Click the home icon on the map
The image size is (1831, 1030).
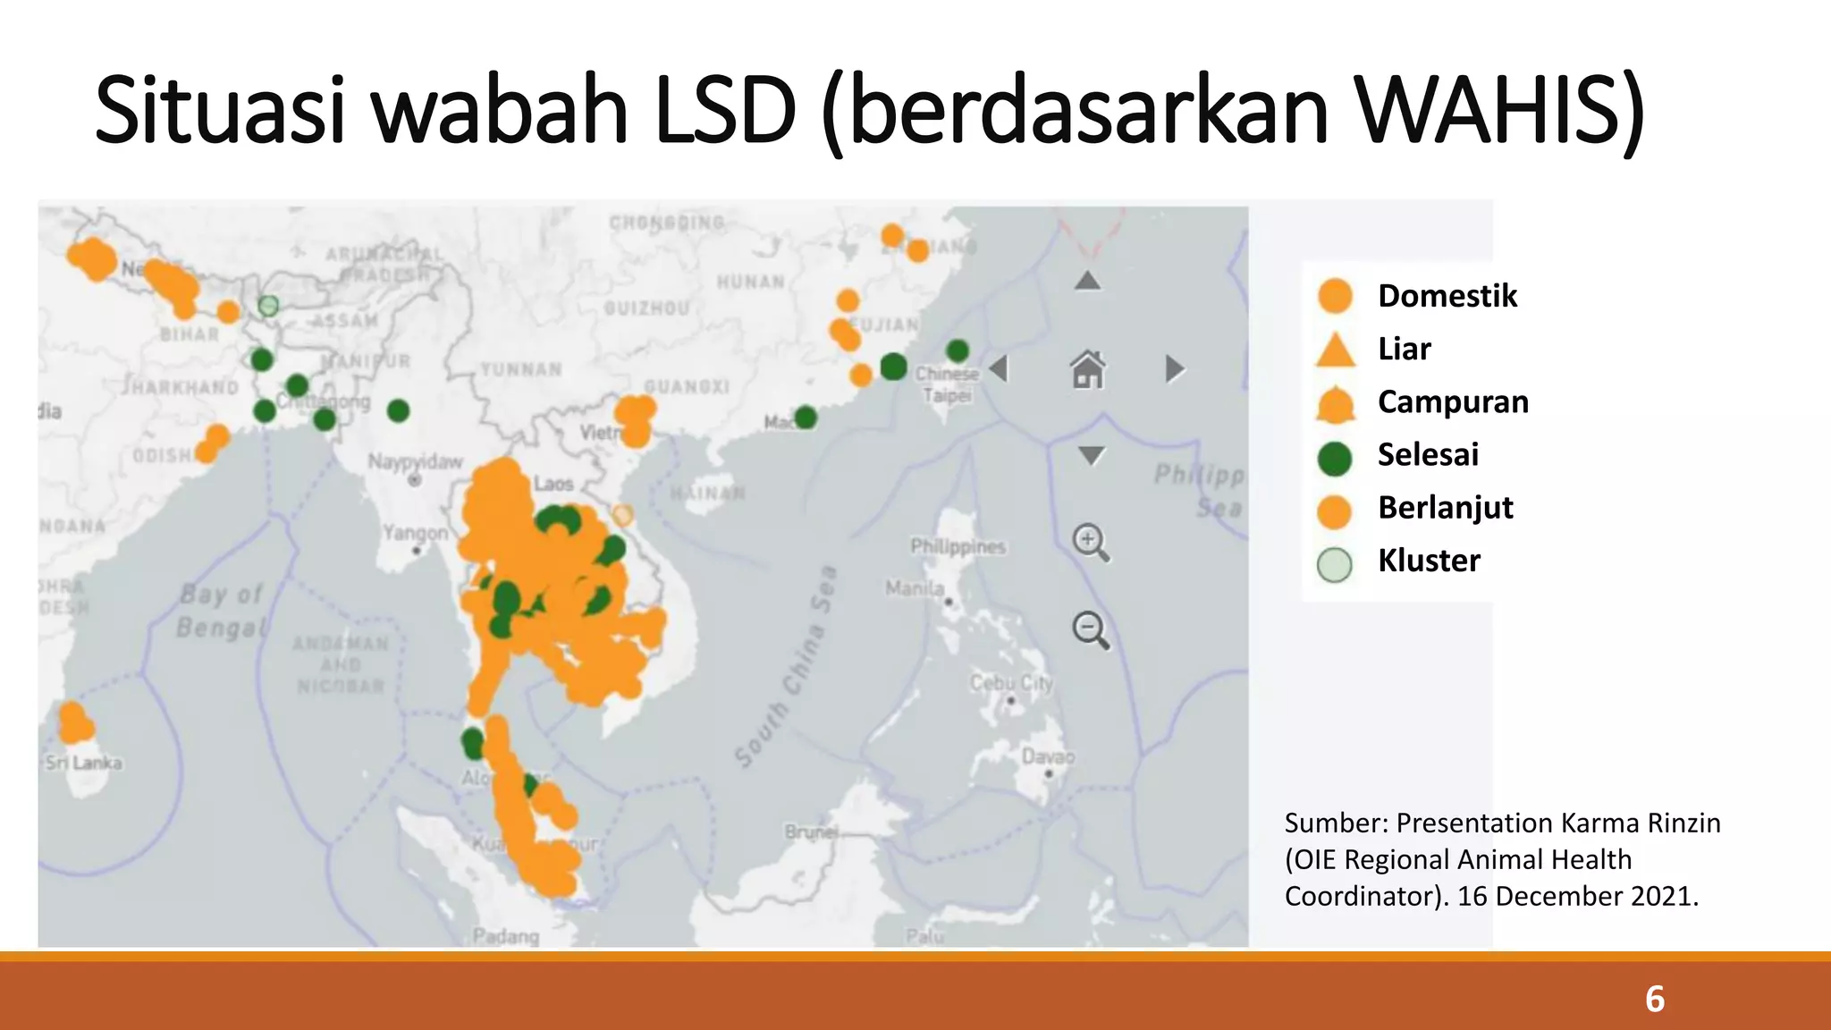pos(1088,369)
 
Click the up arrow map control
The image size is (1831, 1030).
pos(1087,281)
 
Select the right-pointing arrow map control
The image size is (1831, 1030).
pos(1175,368)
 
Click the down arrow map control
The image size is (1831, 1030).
pos(1091,455)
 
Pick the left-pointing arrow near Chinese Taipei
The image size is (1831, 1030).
pos(1000,368)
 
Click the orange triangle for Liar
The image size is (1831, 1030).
pos(1336,350)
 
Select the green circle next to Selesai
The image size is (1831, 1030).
pos(1335,457)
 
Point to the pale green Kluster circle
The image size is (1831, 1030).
pos(1335,564)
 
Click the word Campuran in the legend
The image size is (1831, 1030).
pos(1453,402)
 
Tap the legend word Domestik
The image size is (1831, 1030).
pos(1447,296)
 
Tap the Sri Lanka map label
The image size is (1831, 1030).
pos(84,763)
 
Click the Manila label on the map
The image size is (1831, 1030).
pos(915,588)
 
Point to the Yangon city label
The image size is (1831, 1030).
pos(415,533)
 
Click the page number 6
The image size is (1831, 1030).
pos(1655,999)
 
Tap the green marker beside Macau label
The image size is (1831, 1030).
pos(806,417)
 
